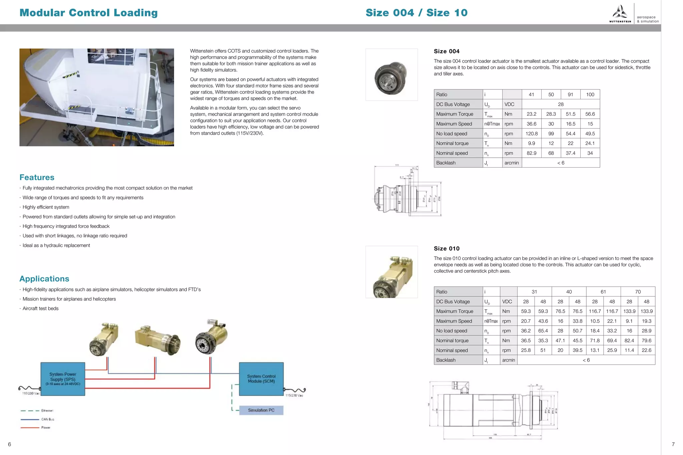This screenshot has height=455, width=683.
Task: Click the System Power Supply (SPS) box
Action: (63, 379)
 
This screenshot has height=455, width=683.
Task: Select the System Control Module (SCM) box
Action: (261, 379)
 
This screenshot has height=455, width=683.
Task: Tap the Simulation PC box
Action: (261, 410)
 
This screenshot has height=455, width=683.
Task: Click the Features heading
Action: (37, 177)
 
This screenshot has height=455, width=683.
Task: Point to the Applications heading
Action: (44, 279)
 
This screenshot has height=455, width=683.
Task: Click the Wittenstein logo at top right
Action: (620, 14)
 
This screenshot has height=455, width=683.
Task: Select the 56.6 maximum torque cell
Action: (590, 114)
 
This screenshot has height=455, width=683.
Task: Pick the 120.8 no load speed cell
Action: (532, 134)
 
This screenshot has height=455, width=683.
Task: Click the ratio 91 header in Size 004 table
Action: (571, 95)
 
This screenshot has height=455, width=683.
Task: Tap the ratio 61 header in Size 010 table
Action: (603, 292)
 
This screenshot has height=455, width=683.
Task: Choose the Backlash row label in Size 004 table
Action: (446, 163)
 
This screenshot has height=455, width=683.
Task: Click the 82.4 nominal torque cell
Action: (629, 340)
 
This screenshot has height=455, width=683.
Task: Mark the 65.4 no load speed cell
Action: (543, 331)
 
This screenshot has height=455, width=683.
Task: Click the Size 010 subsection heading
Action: (447, 248)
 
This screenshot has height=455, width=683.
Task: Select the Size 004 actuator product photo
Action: (392, 75)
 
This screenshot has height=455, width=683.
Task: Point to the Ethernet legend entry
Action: (47, 411)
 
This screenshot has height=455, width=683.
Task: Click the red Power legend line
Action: (30, 428)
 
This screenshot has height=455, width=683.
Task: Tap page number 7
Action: (673, 444)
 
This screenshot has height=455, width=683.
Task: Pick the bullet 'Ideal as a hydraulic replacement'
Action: (56, 245)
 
